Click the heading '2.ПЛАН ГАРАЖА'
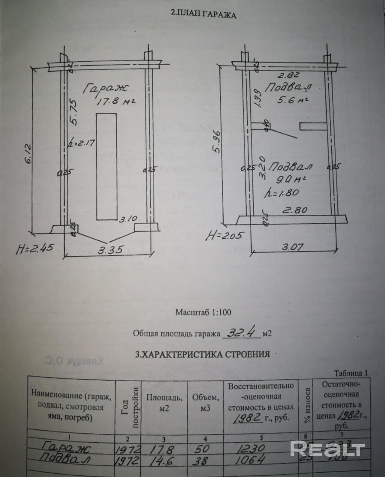point(204,14)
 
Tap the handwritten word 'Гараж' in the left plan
point(106,88)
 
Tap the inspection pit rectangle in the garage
point(106,166)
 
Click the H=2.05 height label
point(221,234)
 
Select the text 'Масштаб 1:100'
point(203,312)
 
